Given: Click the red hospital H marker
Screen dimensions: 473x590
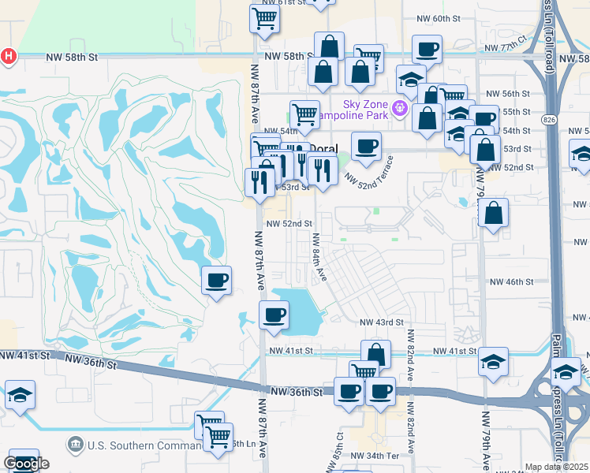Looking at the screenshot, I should click(9, 56).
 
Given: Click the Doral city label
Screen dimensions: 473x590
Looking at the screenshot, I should click(322, 148).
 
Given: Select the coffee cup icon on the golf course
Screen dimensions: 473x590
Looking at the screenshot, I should click(216, 280).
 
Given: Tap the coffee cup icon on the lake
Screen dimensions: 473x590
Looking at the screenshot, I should click(274, 315).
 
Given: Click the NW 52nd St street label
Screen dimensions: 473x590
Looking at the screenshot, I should click(289, 224).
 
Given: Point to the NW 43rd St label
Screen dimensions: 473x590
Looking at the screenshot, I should click(382, 322).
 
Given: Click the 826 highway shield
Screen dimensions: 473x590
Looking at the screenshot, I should click(550, 118).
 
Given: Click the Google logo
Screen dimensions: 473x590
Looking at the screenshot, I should click(26, 464).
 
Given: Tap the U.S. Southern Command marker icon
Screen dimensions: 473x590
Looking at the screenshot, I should click(76, 445).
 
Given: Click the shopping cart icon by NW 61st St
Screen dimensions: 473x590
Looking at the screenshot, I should click(264, 17).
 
